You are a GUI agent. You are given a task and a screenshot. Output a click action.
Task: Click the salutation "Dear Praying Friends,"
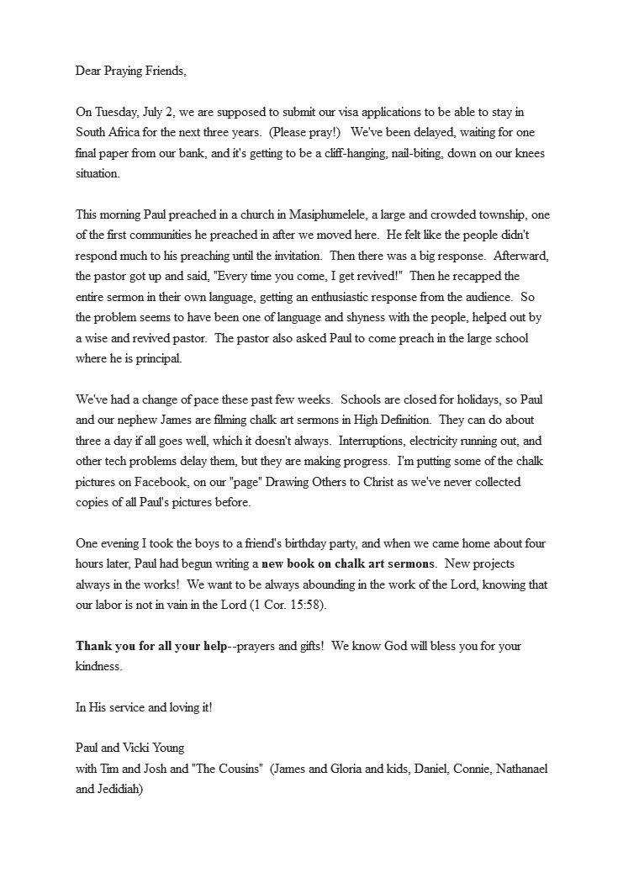130,71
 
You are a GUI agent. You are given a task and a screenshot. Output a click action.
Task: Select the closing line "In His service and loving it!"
144,707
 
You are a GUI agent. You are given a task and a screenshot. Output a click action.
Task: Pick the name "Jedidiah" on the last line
121,790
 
